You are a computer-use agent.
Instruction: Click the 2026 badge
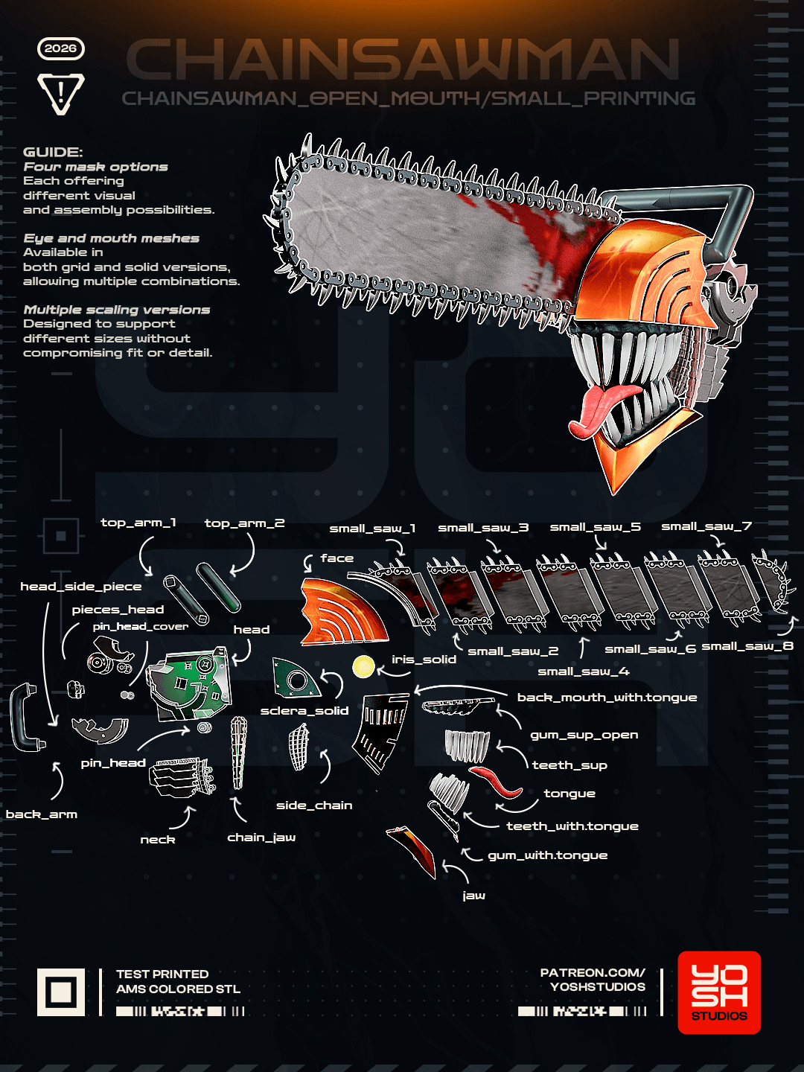pyautogui.click(x=60, y=48)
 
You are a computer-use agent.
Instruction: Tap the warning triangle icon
pyautogui.click(x=60, y=93)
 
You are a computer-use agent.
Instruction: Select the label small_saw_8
pyautogui.click(x=747, y=646)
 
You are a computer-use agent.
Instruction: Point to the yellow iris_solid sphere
pyautogui.click(x=363, y=666)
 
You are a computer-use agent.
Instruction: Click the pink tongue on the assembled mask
pyautogui.click(x=603, y=409)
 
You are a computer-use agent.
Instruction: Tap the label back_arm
pyautogui.click(x=42, y=814)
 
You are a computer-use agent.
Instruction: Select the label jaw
pyautogui.click(x=473, y=896)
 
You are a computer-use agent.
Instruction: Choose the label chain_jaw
pyautogui.click(x=261, y=837)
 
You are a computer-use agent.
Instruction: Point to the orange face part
pyautogui.click(x=342, y=611)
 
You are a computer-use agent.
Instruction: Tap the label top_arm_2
pyautogui.click(x=245, y=523)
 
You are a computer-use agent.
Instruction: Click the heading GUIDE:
pyautogui.click(x=53, y=152)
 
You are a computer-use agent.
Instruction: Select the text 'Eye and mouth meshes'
pyautogui.click(x=112, y=238)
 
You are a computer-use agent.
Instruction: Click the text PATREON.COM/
pyautogui.click(x=593, y=972)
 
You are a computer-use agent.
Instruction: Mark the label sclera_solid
pyautogui.click(x=304, y=711)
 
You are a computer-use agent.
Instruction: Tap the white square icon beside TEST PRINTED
pyautogui.click(x=61, y=992)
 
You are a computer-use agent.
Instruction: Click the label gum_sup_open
pyautogui.click(x=584, y=735)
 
